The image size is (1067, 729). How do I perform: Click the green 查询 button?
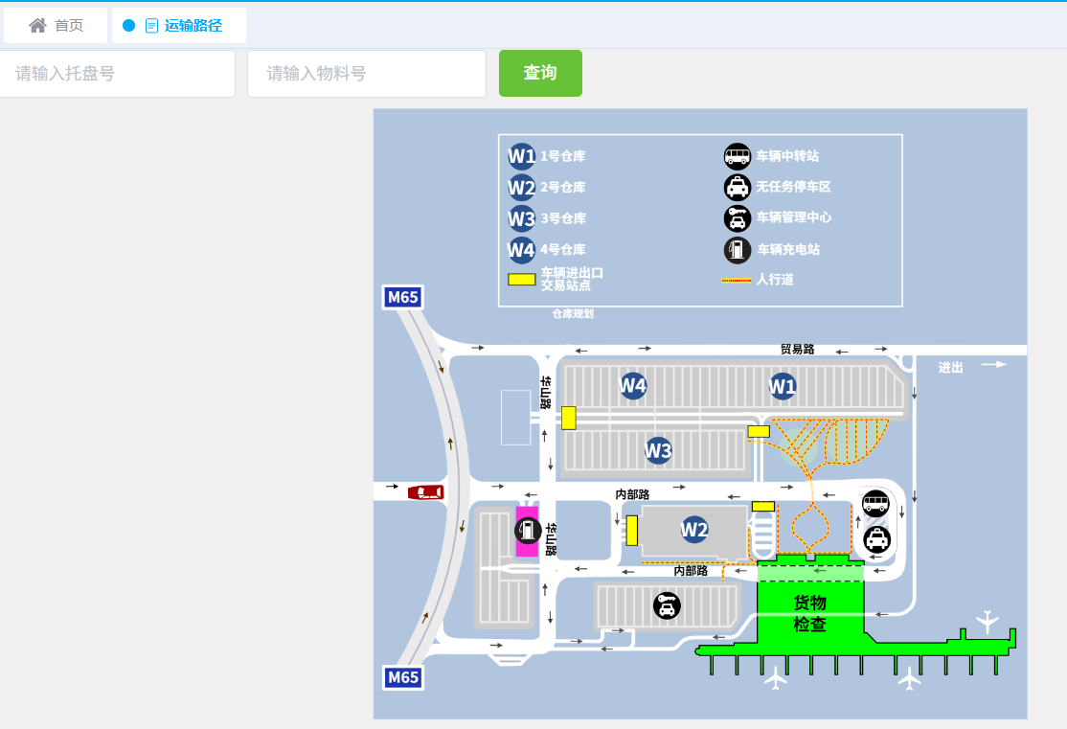point(540,73)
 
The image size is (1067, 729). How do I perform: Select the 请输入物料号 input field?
point(366,74)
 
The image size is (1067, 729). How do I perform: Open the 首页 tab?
point(57,26)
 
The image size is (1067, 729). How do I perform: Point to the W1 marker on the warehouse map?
point(783,386)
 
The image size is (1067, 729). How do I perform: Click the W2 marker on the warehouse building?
point(694,529)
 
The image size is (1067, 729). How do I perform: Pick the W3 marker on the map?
point(658,450)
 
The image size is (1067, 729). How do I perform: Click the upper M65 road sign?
point(402,297)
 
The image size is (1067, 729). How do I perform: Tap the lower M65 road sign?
point(402,677)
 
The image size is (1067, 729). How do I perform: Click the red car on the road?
point(426,492)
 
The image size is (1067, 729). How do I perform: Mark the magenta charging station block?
point(527,532)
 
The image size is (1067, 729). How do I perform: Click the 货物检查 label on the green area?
point(809,613)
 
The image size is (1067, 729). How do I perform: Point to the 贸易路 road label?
point(797,350)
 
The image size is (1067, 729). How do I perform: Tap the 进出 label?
point(950,367)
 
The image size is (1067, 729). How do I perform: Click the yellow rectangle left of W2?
point(631,530)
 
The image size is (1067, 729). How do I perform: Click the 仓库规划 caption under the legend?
point(573,313)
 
